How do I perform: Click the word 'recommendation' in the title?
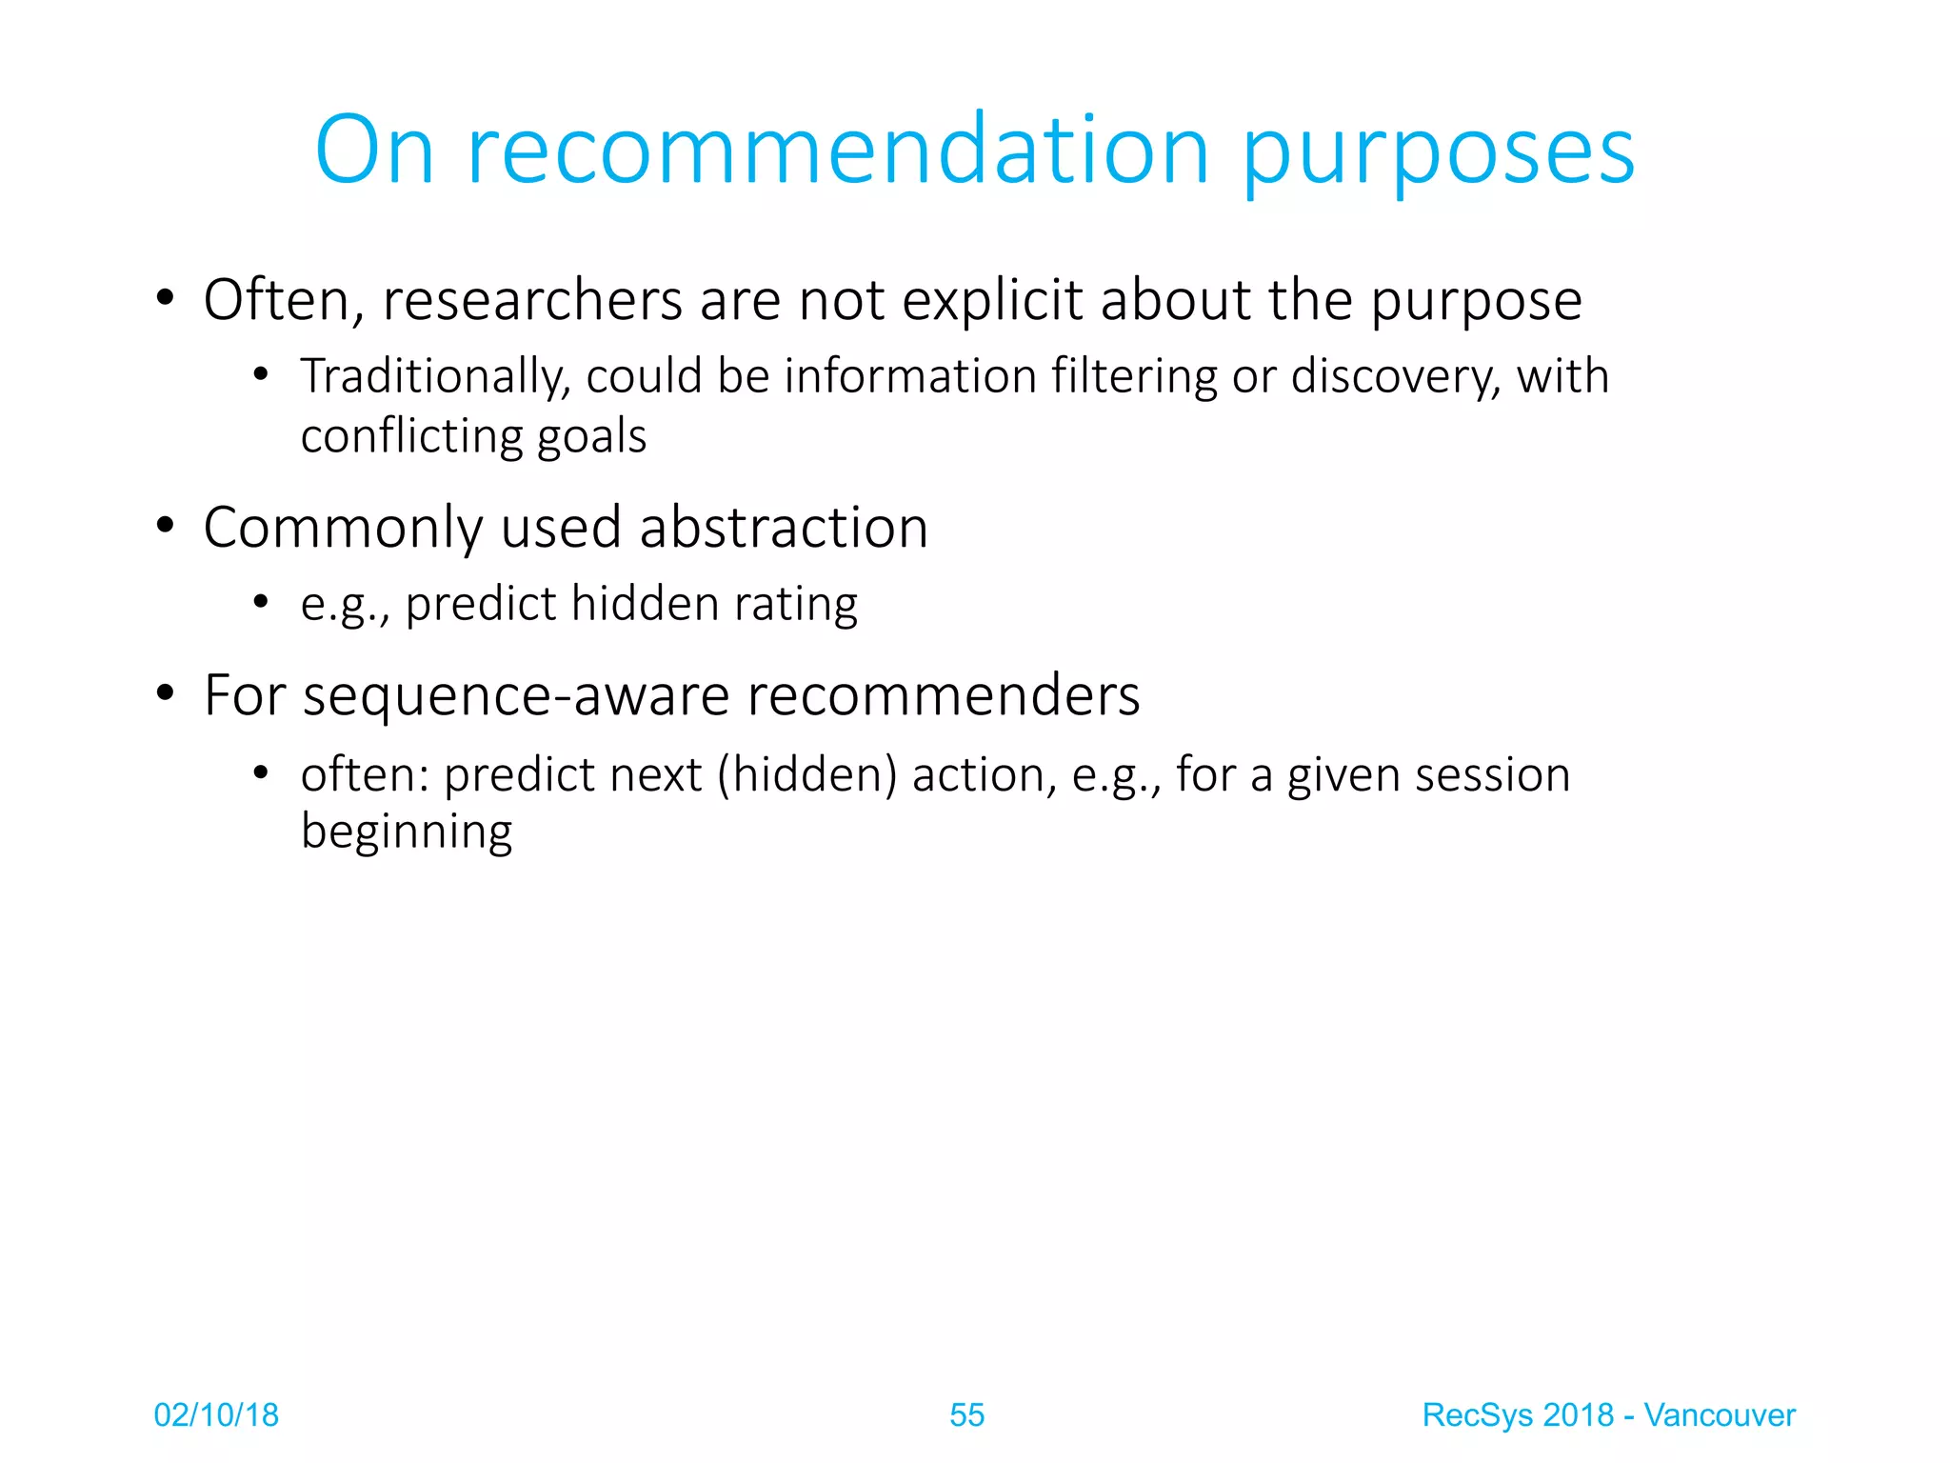[x=838, y=150]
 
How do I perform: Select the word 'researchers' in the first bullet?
[x=532, y=300]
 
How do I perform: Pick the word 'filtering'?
[x=1134, y=377]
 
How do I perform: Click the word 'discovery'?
[x=1395, y=377]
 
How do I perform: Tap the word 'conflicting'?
[x=412, y=436]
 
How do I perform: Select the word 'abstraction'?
[x=784, y=528]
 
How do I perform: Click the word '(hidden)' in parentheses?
[x=807, y=774]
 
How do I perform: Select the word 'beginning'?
[x=407, y=832]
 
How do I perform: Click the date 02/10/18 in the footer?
[x=216, y=1415]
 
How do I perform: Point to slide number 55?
[x=966, y=1415]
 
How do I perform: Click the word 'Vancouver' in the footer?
[x=1719, y=1415]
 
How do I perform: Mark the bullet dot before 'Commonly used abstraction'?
[x=166, y=526]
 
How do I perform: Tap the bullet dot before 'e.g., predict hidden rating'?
[x=261, y=603]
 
